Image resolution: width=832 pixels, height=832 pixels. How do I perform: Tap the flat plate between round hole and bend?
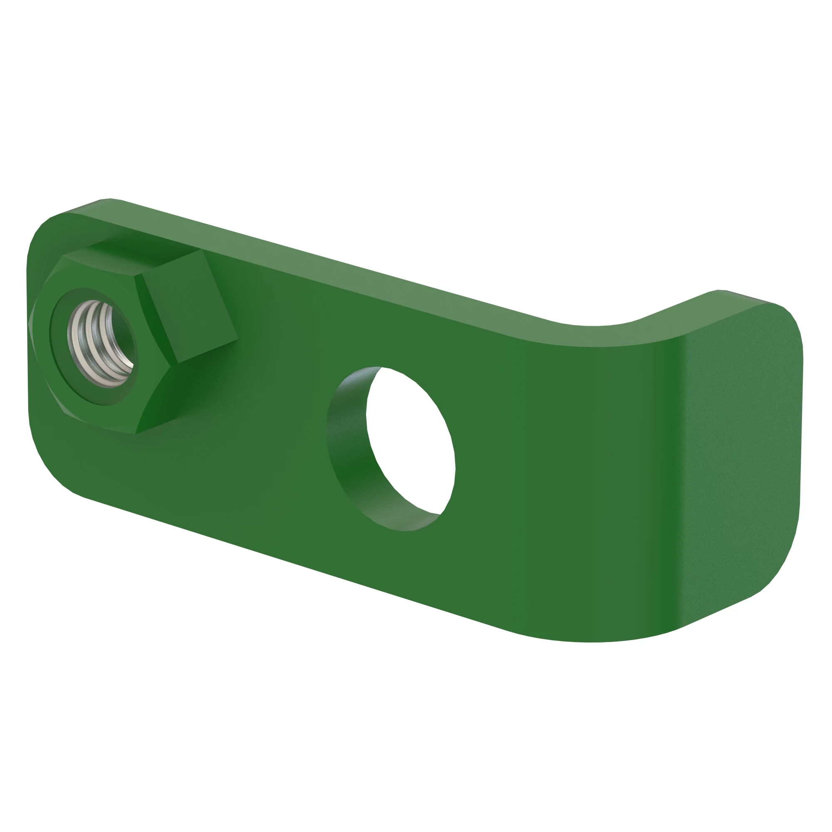(x=538, y=474)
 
